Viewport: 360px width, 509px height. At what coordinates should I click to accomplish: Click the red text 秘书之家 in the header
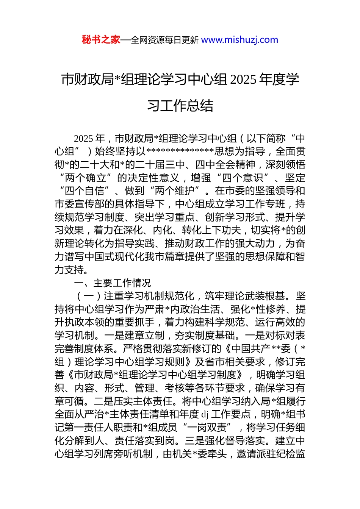tap(101, 40)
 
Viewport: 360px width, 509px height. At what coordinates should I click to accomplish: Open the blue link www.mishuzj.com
tap(239, 40)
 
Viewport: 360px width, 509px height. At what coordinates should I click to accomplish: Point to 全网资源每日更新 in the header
tap(164, 40)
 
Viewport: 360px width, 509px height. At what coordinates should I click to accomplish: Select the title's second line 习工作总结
tap(180, 106)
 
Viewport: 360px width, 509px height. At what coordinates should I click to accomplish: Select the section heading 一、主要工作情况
tap(112, 283)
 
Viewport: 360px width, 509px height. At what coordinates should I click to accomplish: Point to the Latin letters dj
tap(205, 414)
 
